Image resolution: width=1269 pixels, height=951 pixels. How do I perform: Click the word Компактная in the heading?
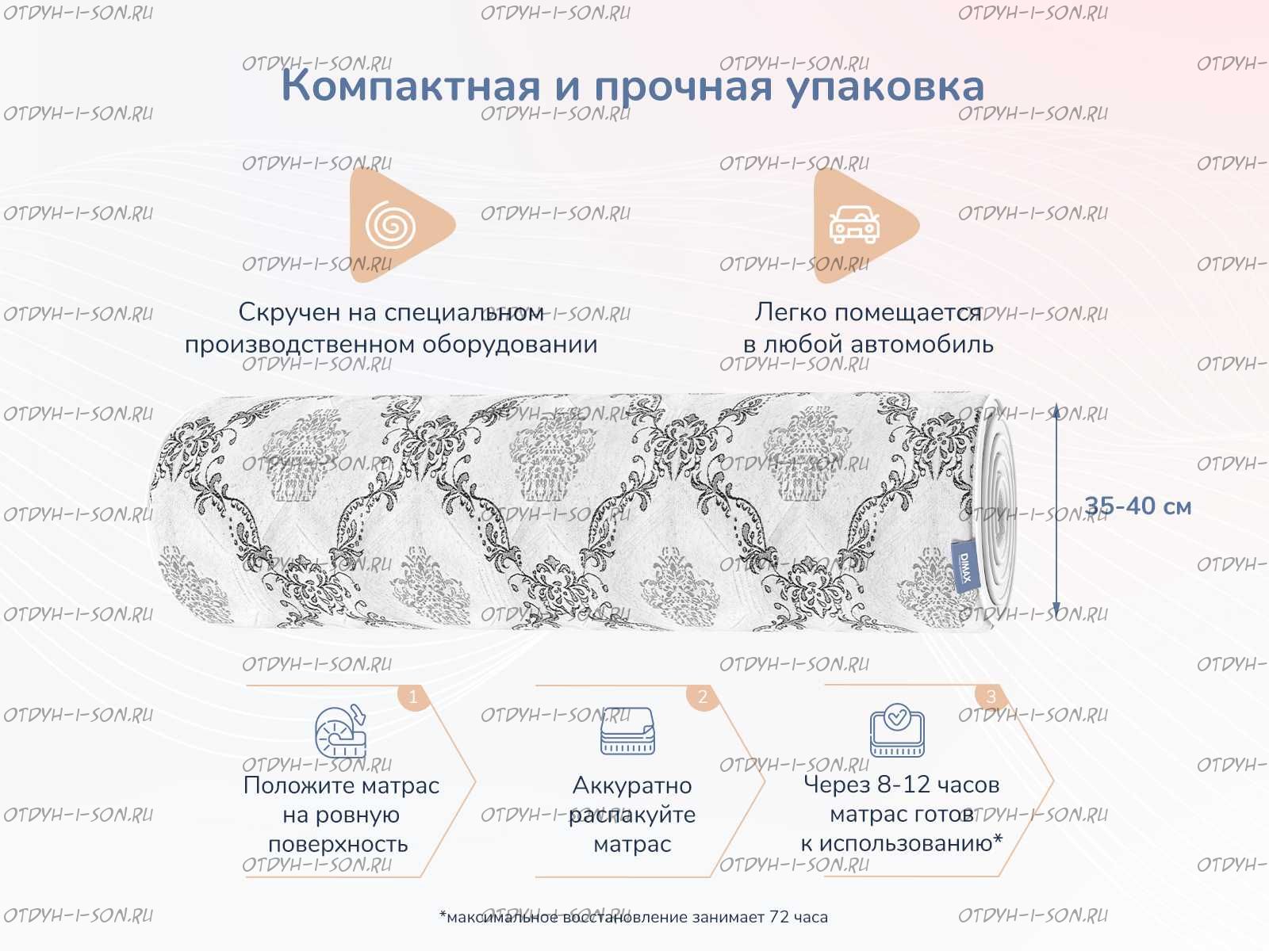[411, 86]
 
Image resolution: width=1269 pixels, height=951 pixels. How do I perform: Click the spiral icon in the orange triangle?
[390, 224]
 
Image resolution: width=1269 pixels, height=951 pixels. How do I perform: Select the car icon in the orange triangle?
[854, 224]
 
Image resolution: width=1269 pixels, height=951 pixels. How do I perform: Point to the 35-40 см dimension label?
[1138, 506]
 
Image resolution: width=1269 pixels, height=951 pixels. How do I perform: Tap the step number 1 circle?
[412, 697]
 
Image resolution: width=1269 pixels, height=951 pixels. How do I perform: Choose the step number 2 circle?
[703, 697]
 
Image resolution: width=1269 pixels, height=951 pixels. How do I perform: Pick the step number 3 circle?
[991, 697]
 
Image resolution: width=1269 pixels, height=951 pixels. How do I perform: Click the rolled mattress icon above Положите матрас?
[341, 731]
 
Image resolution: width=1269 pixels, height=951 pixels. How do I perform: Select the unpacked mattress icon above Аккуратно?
[627, 731]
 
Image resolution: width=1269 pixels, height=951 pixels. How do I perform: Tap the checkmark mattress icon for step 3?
[897, 730]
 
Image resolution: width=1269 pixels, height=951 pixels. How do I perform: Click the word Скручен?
[289, 312]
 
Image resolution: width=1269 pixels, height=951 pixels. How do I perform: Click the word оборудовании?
[510, 346]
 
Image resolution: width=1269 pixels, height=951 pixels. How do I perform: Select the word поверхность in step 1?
[338, 845]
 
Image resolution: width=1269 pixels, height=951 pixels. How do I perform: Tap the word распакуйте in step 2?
[632, 815]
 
